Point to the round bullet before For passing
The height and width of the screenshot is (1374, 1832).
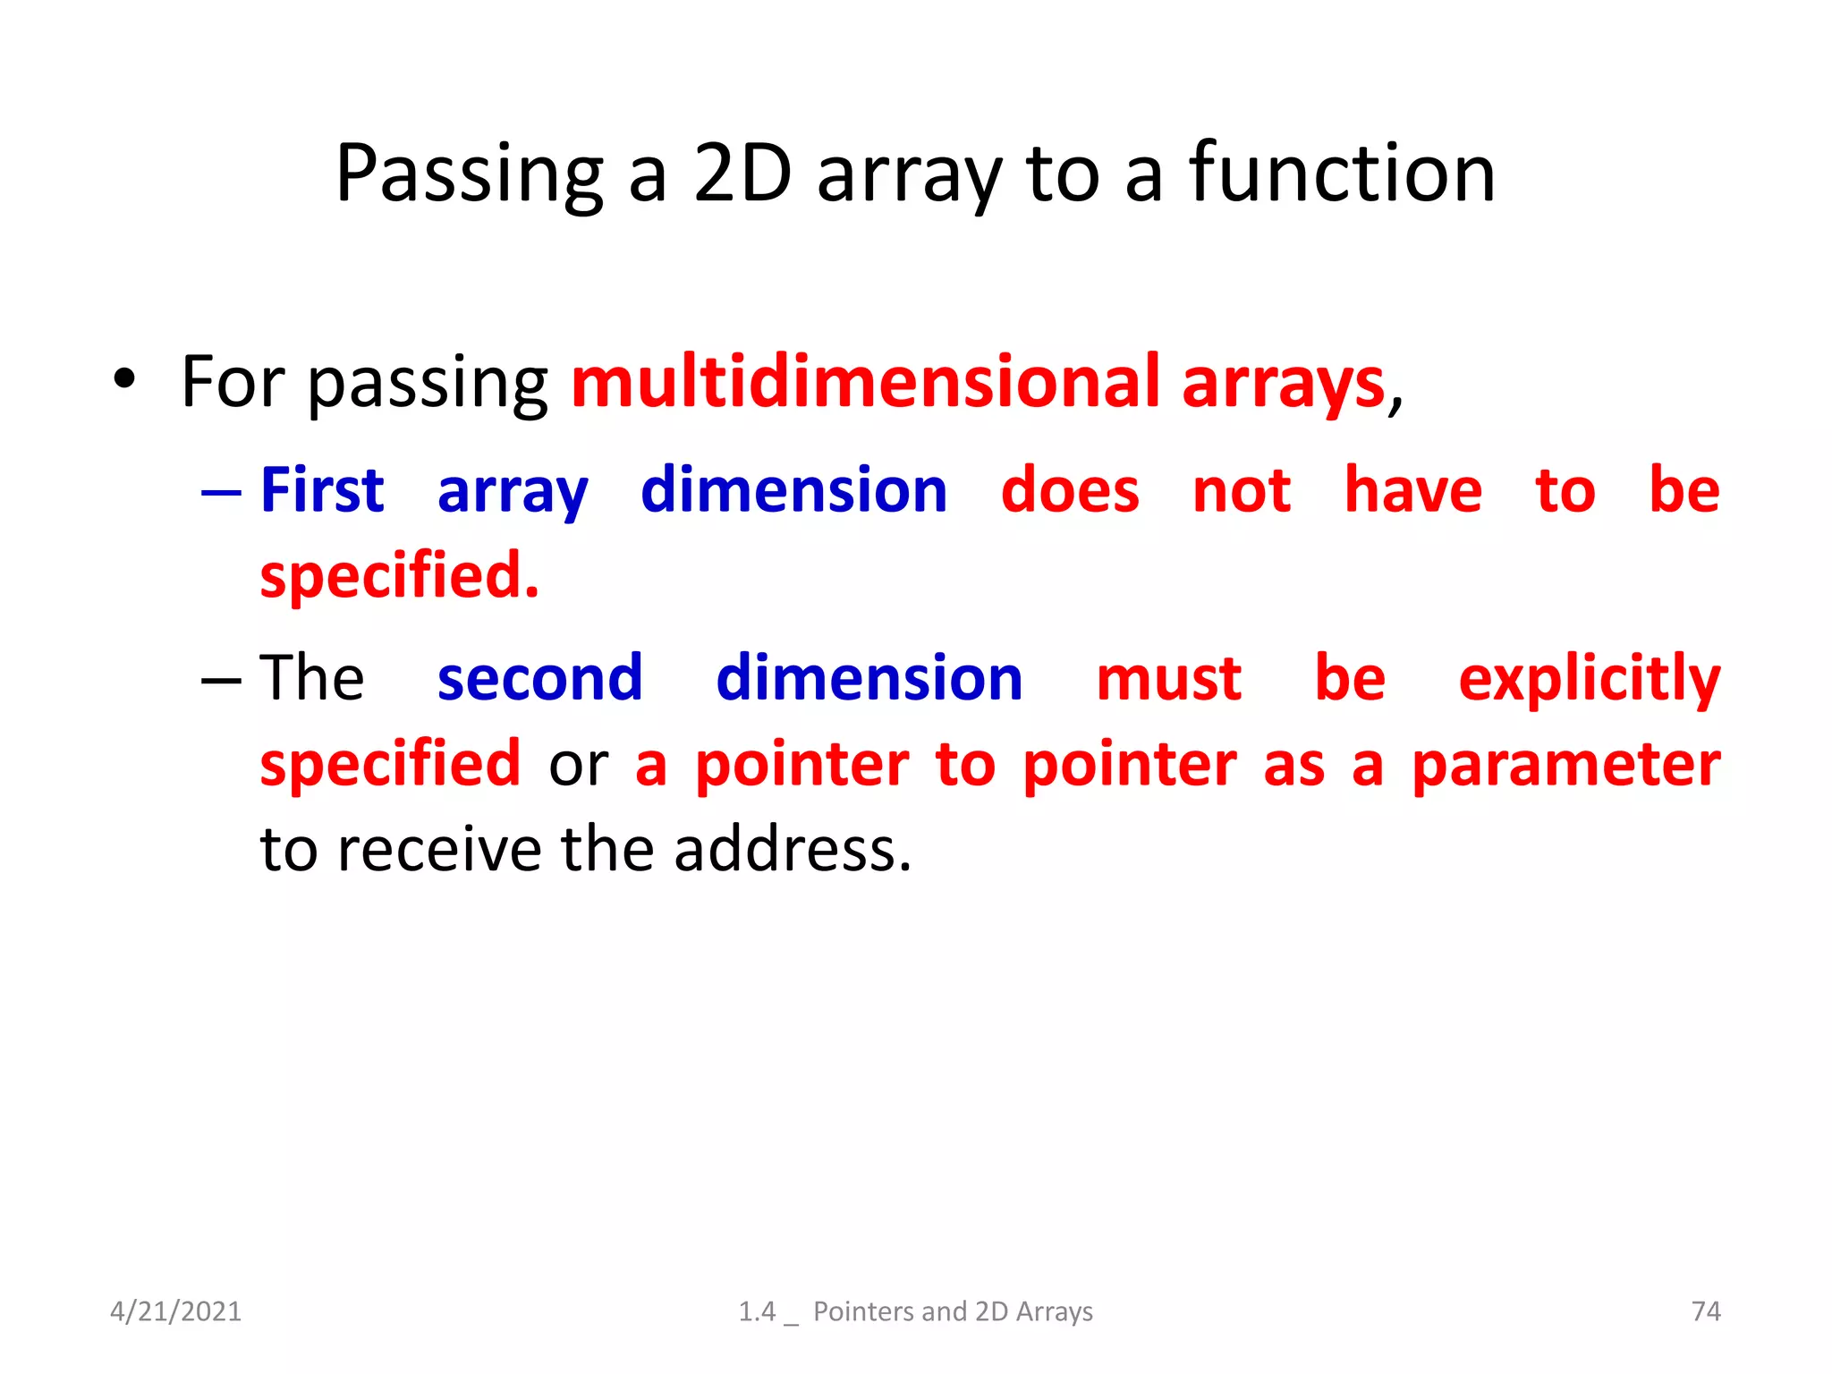point(124,379)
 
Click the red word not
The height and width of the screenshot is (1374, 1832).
point(1242,492)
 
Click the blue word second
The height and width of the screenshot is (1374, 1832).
point(539,678)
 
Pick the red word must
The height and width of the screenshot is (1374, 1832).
point(1168,679)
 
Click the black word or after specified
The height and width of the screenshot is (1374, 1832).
point(578,766)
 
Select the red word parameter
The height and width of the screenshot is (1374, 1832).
point(1565,766)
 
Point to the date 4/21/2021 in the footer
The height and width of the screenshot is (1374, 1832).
point(175,1311)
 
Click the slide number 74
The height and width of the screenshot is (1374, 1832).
point(1706,1311)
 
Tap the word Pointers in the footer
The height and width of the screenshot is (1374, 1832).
point(864,1311)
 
